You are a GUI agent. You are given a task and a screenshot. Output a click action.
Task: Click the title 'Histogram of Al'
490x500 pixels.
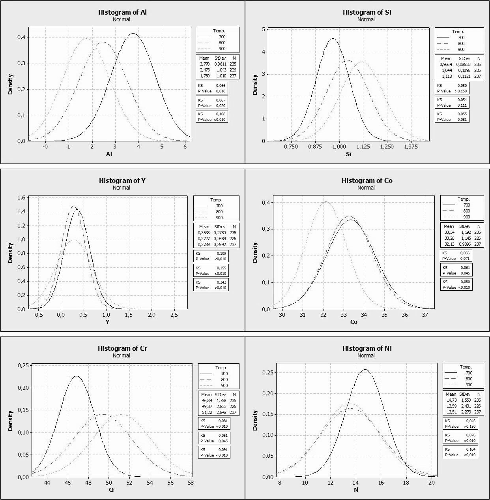pos(122,12)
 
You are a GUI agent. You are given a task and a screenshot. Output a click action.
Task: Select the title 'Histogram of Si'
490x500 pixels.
pos(367,12)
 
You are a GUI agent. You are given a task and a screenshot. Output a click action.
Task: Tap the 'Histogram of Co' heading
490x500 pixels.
pos(367,180)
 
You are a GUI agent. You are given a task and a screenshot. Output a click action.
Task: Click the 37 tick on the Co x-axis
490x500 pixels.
pos(425,315)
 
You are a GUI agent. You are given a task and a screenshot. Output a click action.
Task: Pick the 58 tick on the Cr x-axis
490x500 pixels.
pos(191,483)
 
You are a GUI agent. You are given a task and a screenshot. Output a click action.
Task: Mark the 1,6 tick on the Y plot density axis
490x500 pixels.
pos(22,197)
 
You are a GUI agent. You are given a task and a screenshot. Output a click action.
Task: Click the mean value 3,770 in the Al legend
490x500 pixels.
pos(204,64)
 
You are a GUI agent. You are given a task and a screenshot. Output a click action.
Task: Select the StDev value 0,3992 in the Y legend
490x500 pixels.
pos(220,244)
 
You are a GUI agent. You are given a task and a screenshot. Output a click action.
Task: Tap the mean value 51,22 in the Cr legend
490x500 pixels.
pos(207,412)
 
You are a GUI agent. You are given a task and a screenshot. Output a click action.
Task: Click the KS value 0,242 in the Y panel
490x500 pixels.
pos(220,282)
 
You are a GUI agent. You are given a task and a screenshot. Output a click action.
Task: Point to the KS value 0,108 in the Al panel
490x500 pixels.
pos(220,114)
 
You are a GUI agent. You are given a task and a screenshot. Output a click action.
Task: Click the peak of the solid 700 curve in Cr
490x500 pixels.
pos(77,376)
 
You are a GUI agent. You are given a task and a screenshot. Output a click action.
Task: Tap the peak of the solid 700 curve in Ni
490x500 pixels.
pos(365,370)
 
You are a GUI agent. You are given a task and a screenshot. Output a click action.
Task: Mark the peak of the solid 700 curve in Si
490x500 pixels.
pos(333,39)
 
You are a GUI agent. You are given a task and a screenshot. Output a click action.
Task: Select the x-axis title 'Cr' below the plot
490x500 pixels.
pos(112,490)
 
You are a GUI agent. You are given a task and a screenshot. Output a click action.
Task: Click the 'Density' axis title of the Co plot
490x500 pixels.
pos(255,253)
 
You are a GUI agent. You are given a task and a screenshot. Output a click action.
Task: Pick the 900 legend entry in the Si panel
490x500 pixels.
pos(461,49)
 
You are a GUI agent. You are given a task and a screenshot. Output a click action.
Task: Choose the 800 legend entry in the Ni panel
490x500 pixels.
pos(469,379)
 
